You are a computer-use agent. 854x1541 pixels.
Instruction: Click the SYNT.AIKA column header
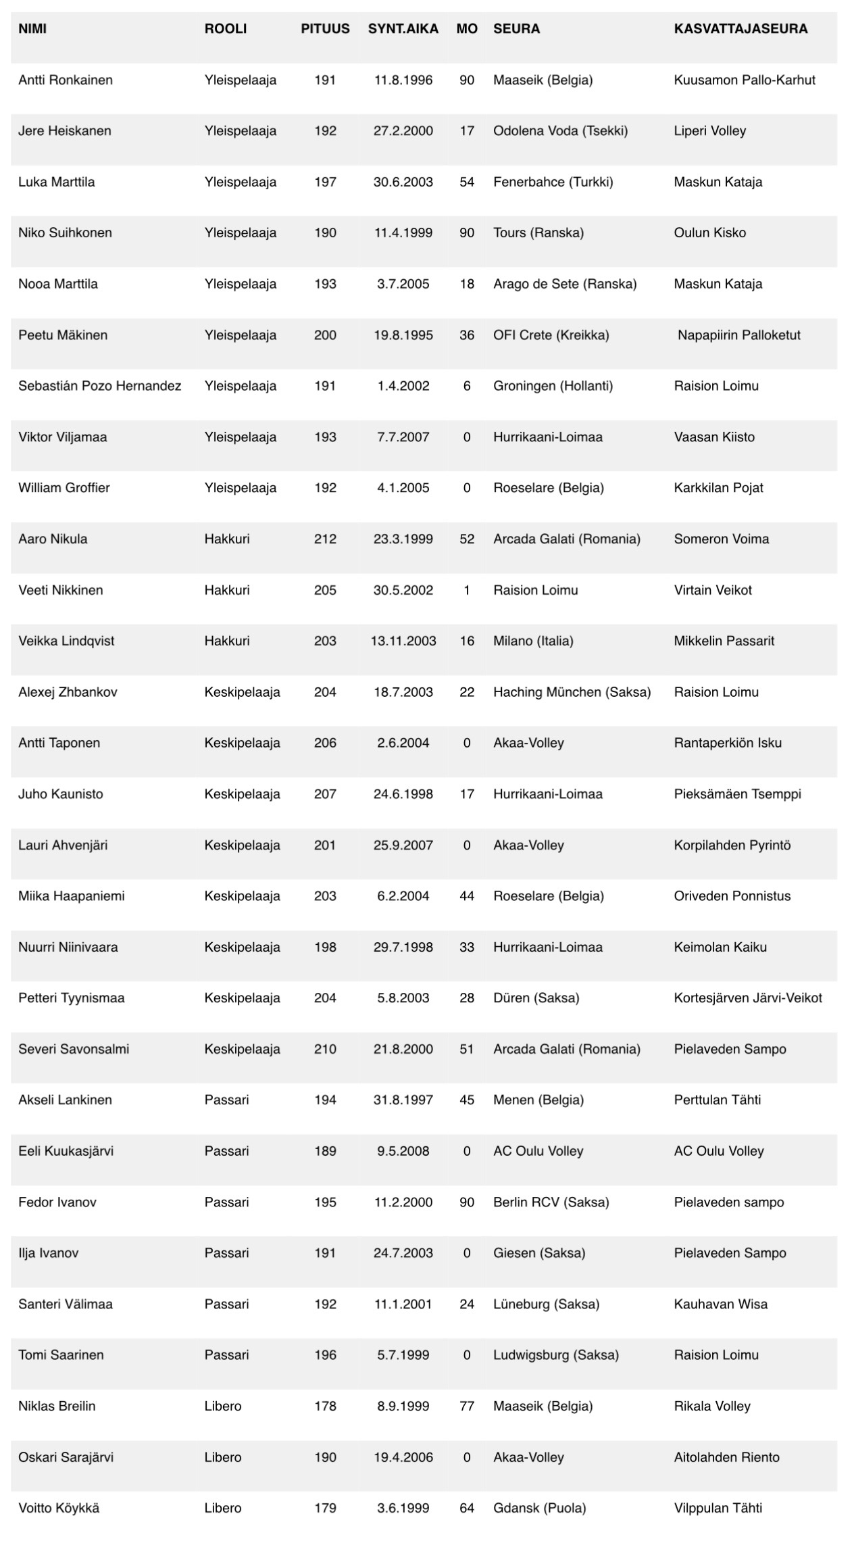(x=403, y=29)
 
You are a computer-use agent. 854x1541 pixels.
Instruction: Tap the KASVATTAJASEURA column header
(x=740, y=29)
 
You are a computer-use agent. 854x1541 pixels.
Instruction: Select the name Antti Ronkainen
(x=66, y=80)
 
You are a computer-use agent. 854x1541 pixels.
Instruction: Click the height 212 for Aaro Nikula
(x=325, y=539)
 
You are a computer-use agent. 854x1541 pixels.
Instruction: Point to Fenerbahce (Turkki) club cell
(x=553, y=182)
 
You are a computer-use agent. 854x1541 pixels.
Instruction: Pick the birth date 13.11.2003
(x=403, y=641)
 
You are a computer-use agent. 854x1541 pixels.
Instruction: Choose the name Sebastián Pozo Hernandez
(x=100, y=387)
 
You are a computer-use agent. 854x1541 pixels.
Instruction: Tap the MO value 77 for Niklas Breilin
(x=467, y=1407)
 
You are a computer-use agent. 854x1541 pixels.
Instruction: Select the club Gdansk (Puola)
(x=539, y=1509)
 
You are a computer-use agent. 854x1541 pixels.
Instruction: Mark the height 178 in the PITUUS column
(x=325, y=1407)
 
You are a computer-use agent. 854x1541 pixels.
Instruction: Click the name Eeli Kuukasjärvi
(x=66, y=1151)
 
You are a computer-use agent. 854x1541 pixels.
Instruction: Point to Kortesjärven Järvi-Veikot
(x=747, y=998)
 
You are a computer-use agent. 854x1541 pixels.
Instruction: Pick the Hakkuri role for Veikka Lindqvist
(x=227, y=641)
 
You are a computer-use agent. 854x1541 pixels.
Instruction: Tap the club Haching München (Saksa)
(x=572, y=692)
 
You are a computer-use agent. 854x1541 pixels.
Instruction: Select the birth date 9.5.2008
(x=403, y=1151)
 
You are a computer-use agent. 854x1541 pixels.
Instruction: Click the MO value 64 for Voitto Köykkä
(x=467, y=1509)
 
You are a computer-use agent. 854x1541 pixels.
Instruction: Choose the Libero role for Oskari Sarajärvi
(x=223, y=1458)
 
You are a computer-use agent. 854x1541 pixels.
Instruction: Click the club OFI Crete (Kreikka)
(x=551, y=335)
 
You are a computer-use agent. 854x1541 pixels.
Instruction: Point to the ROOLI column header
(x=226, y=29)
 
